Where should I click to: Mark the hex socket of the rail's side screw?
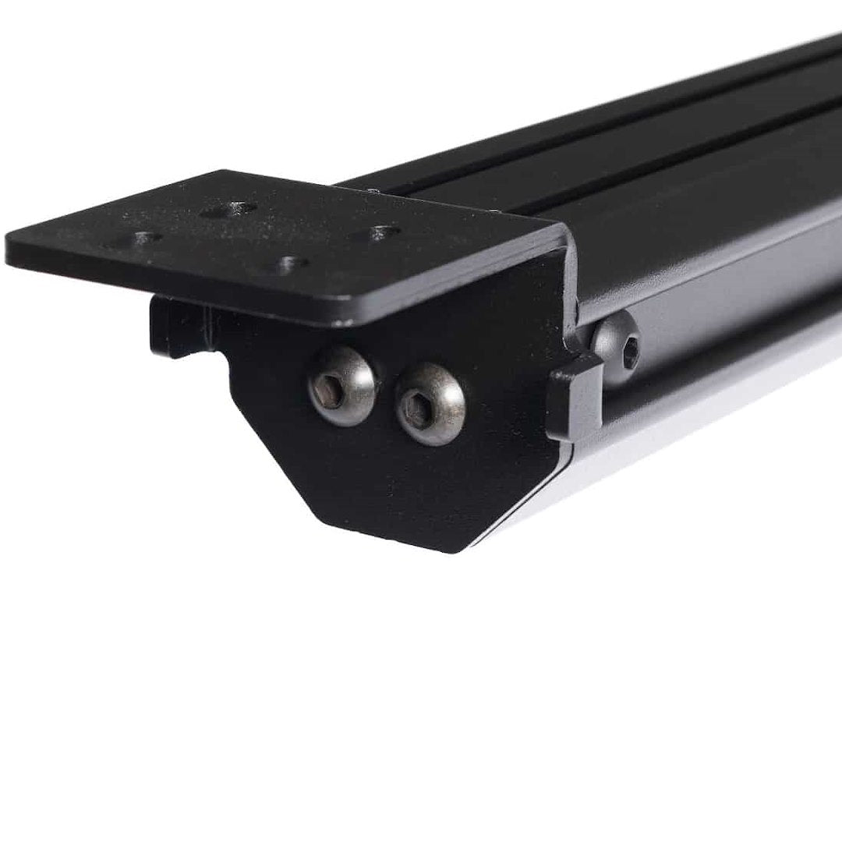[630, 352]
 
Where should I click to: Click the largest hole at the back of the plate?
[228, 210]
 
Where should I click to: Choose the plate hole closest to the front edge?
[290, 264]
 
